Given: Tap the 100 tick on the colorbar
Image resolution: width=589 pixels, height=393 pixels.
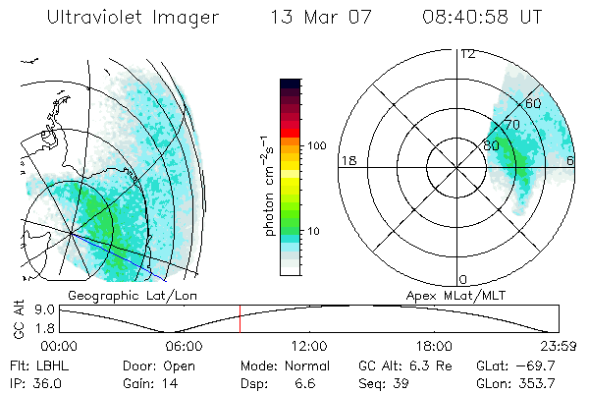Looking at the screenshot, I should (x=315, y=145).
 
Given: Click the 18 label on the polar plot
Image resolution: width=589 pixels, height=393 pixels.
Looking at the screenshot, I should (x=347, y=160).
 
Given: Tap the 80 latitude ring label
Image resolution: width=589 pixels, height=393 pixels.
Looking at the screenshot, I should (x=492, y=144).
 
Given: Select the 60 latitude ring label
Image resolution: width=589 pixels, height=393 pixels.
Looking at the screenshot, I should (x=533, y=103).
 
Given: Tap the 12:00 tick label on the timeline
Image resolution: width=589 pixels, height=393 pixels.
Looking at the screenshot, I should (x=308, y=346).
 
